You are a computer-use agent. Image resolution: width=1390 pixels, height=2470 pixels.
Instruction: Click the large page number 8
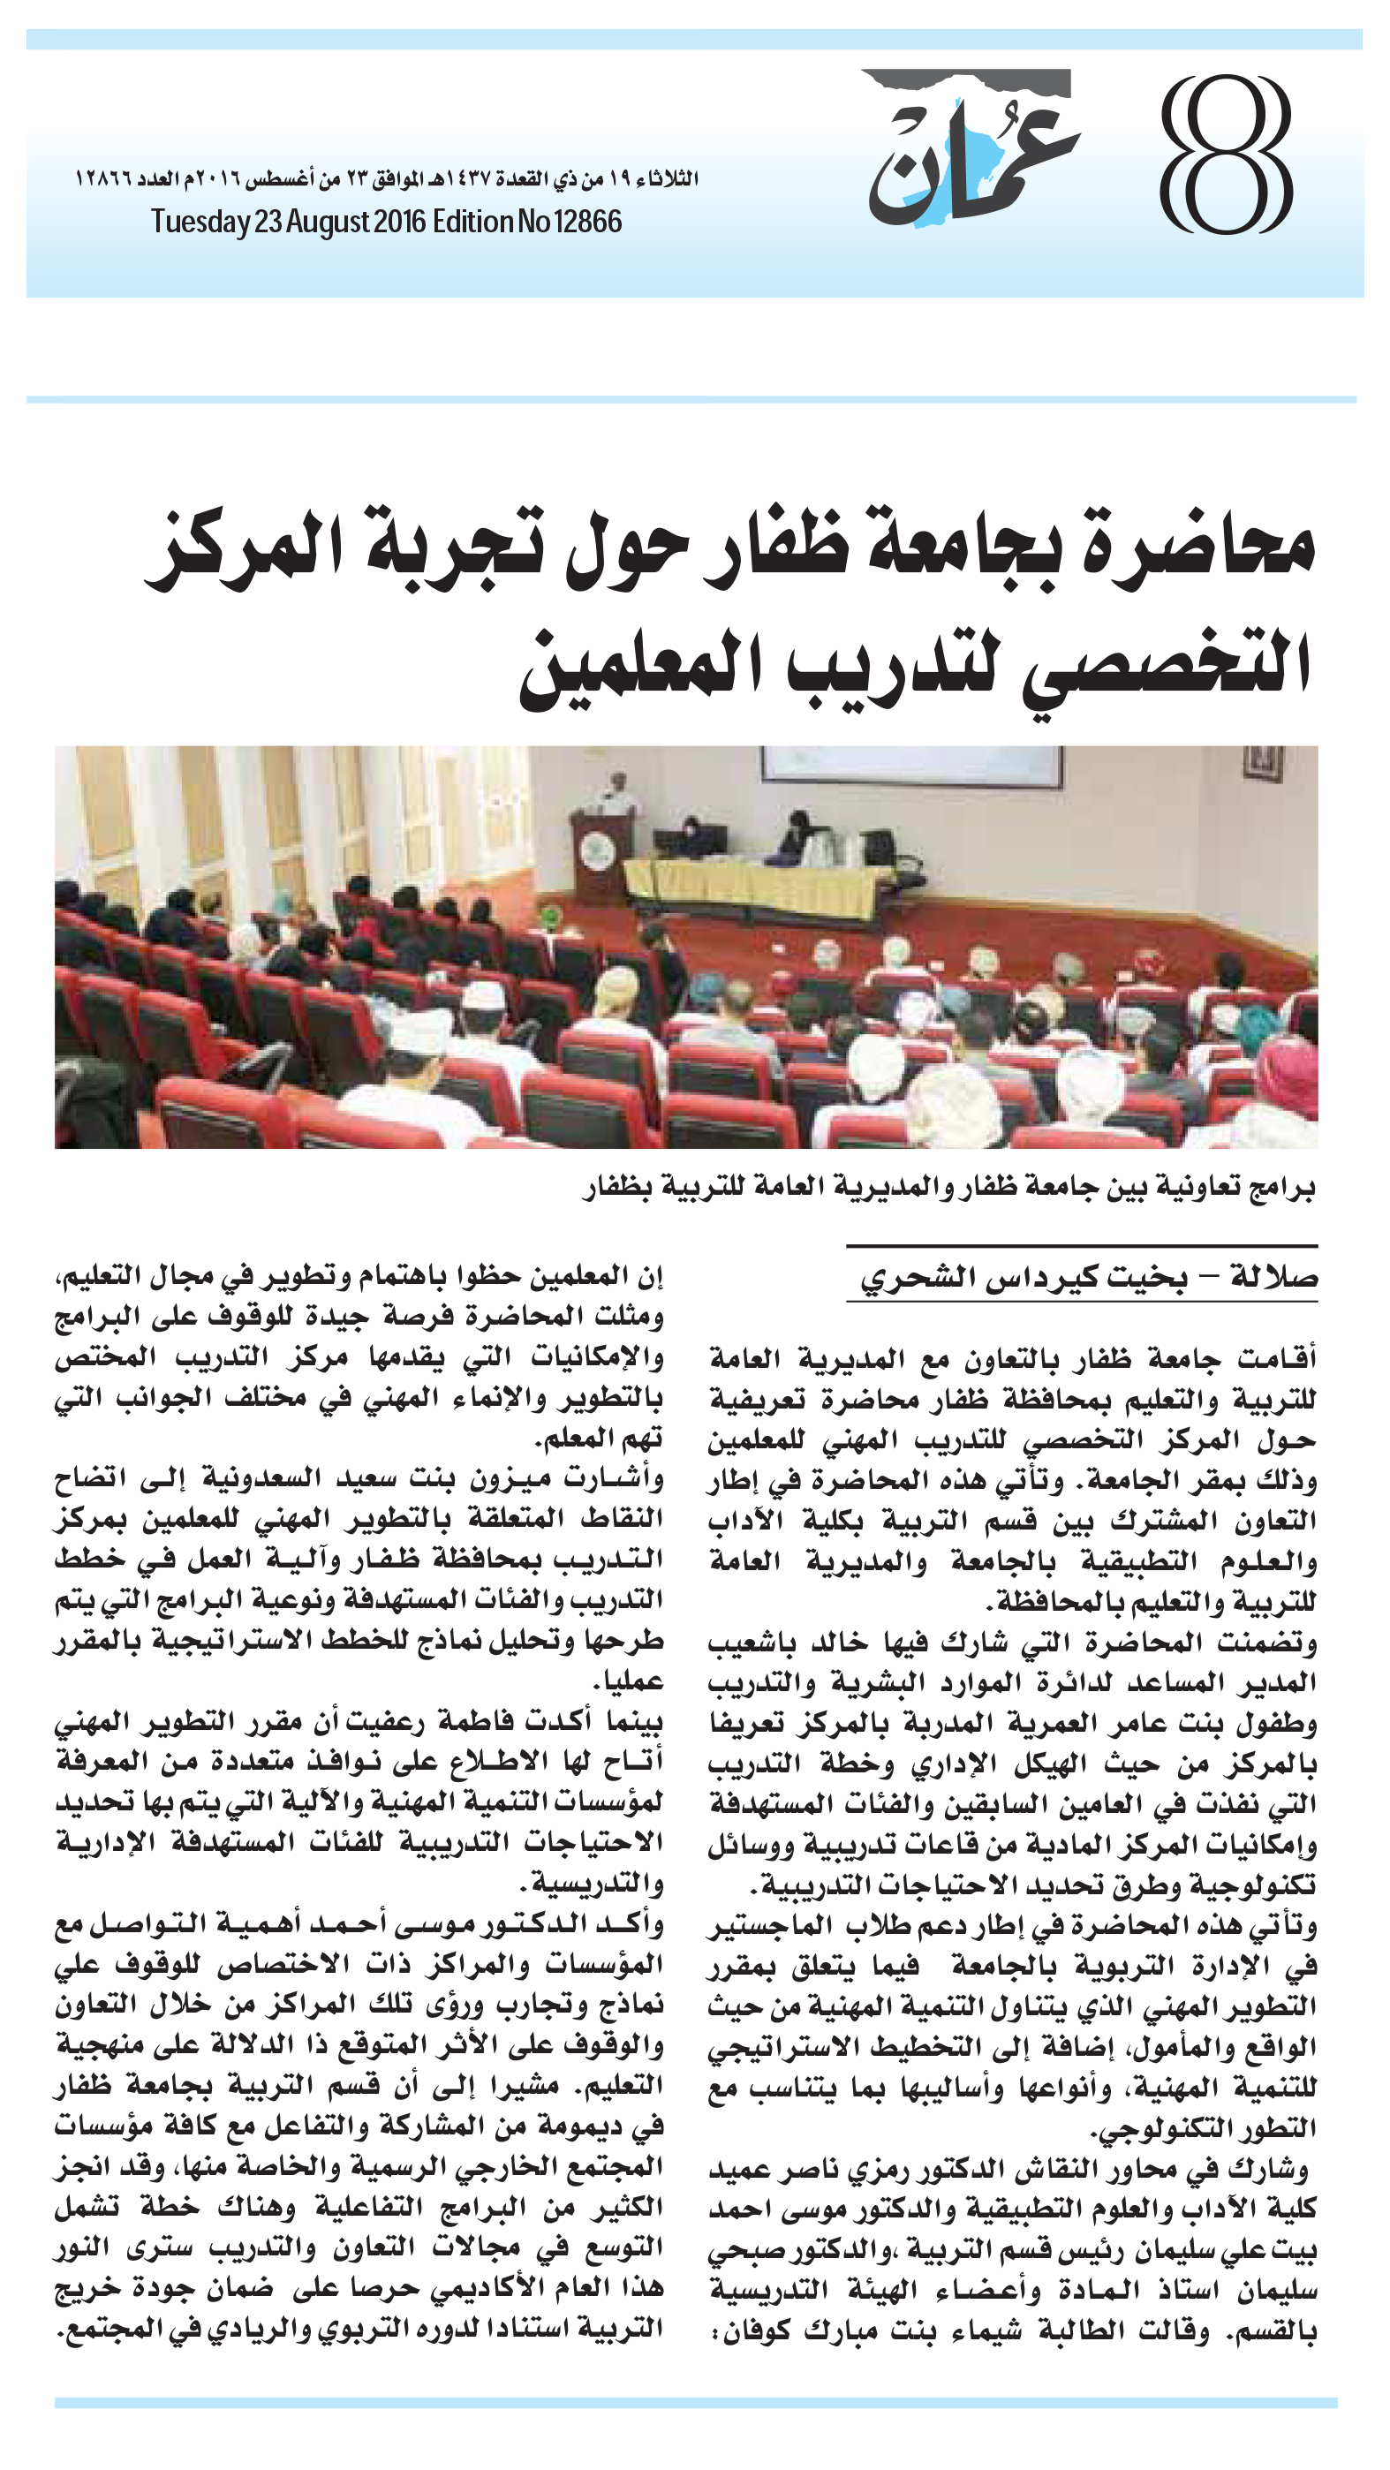pyautogui.click(x=1226, y=156)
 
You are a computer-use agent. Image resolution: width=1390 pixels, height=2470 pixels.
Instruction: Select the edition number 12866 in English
pyautogui.click(x=586, y=223)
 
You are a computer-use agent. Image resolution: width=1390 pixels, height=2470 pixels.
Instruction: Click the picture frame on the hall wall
pyautogui.click(x=1263, y=763)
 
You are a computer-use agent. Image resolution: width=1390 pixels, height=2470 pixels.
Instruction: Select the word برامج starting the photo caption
pyautogui.click(x=1280, y=1189)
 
